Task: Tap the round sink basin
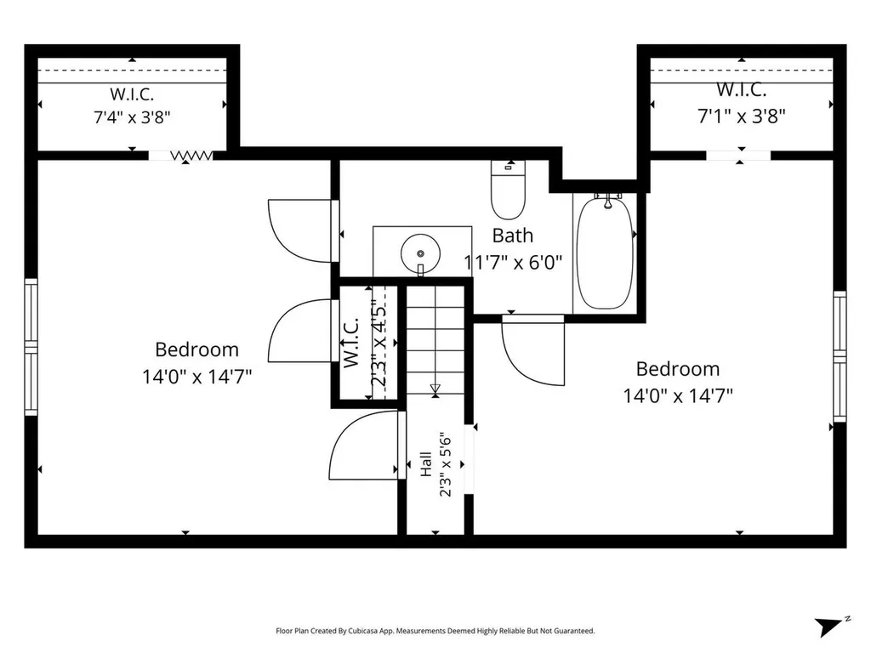(420, 253)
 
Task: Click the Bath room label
(513, 236)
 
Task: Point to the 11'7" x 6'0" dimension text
(513, 262)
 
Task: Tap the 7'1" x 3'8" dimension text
(742, 116)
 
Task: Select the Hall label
(426, 463)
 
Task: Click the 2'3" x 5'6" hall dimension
(445, 464)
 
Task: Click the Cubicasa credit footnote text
(435, 631)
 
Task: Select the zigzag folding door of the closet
(191, 156)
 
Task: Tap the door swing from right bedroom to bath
(533, 349)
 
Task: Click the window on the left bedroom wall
(31, 347)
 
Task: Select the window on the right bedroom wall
(840, 356)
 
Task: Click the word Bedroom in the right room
(678, 369)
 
